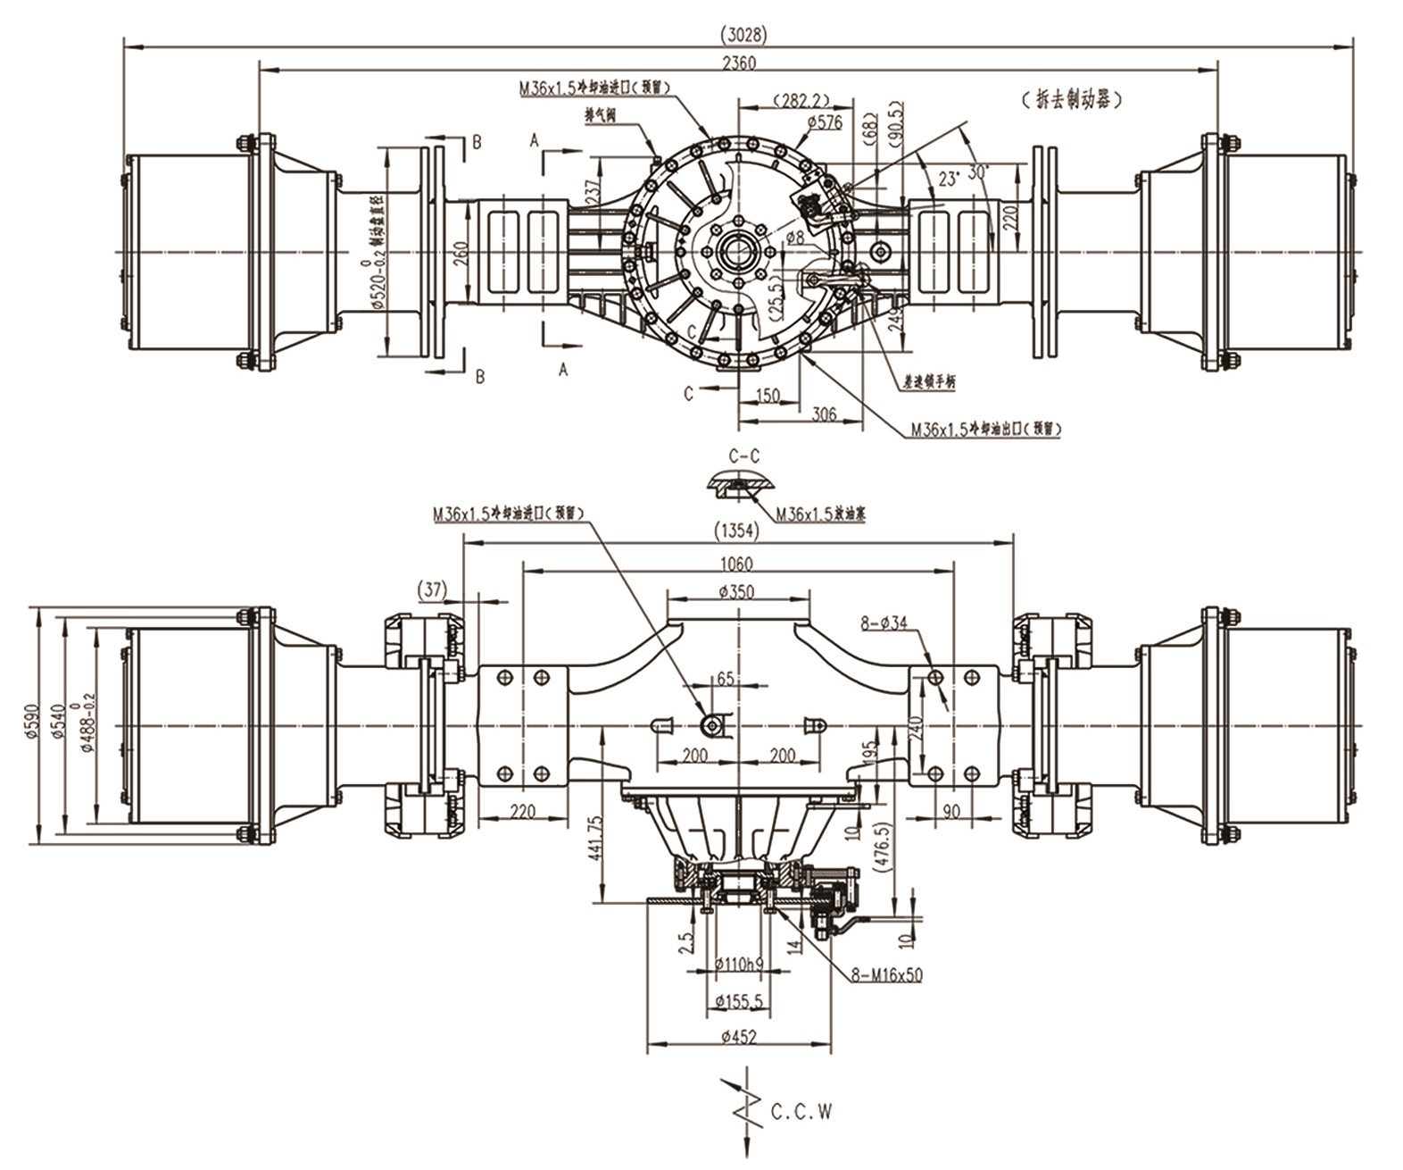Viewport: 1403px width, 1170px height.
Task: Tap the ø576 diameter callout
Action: (824, 122)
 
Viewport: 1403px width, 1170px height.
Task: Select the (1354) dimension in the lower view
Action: (737, 531)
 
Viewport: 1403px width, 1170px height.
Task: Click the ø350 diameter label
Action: (736, 591)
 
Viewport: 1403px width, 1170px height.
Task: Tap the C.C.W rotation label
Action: (801, 1113)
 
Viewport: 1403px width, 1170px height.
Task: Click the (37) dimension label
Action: (433, 588)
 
